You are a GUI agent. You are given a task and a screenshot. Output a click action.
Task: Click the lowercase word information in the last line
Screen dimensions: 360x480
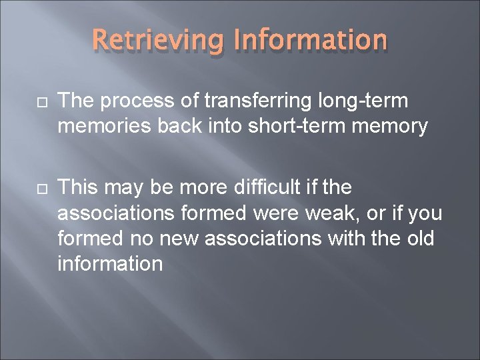(110, 263)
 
